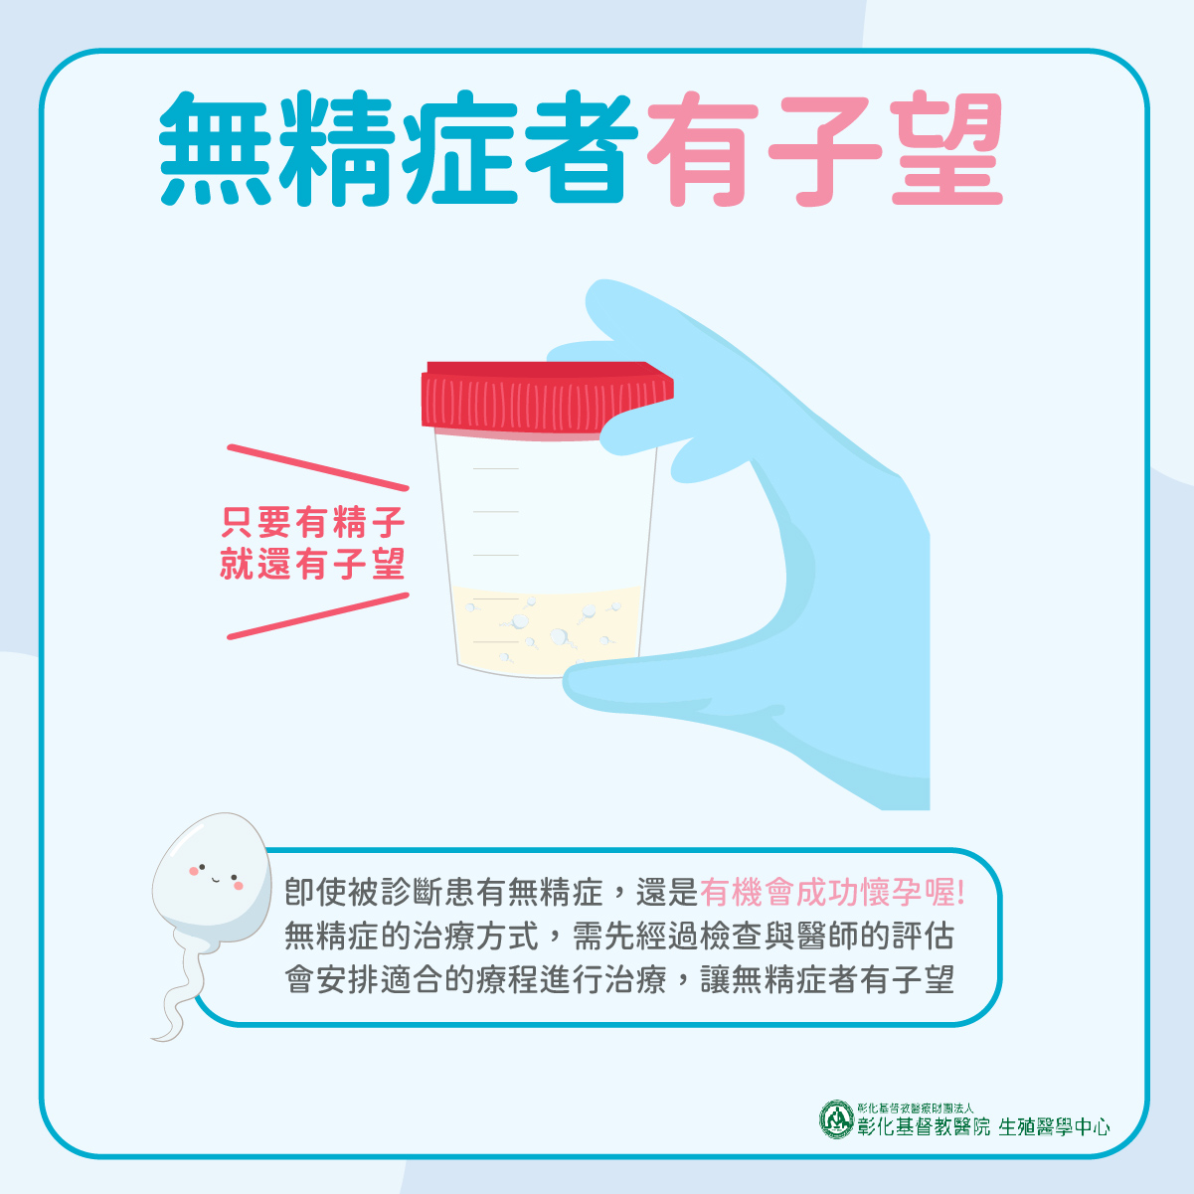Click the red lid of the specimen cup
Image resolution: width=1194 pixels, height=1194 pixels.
coord(547,400)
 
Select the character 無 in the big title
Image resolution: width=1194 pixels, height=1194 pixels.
coord(216,149)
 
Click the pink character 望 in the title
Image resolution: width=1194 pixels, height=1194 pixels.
coord(946,149)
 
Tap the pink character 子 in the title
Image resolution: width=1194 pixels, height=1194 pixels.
coord(824,149)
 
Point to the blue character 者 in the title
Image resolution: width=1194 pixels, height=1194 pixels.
coord(582,149)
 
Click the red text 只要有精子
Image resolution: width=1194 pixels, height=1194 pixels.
coord(313,522)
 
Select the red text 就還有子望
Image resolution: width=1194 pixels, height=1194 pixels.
coord(313,564)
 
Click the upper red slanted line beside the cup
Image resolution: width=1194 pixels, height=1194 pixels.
coord(318,468)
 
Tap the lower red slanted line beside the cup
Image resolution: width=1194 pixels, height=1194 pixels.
coord(318,616)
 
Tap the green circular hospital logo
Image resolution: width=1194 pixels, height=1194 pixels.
coord(836,1119)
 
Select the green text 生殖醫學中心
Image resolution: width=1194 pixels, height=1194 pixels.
coord(1054,1127)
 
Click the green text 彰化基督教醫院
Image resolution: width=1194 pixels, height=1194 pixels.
coord(924,1127)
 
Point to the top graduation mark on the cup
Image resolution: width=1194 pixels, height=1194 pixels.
coord(496,469)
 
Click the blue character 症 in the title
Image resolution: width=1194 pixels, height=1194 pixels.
coord(459,149)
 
